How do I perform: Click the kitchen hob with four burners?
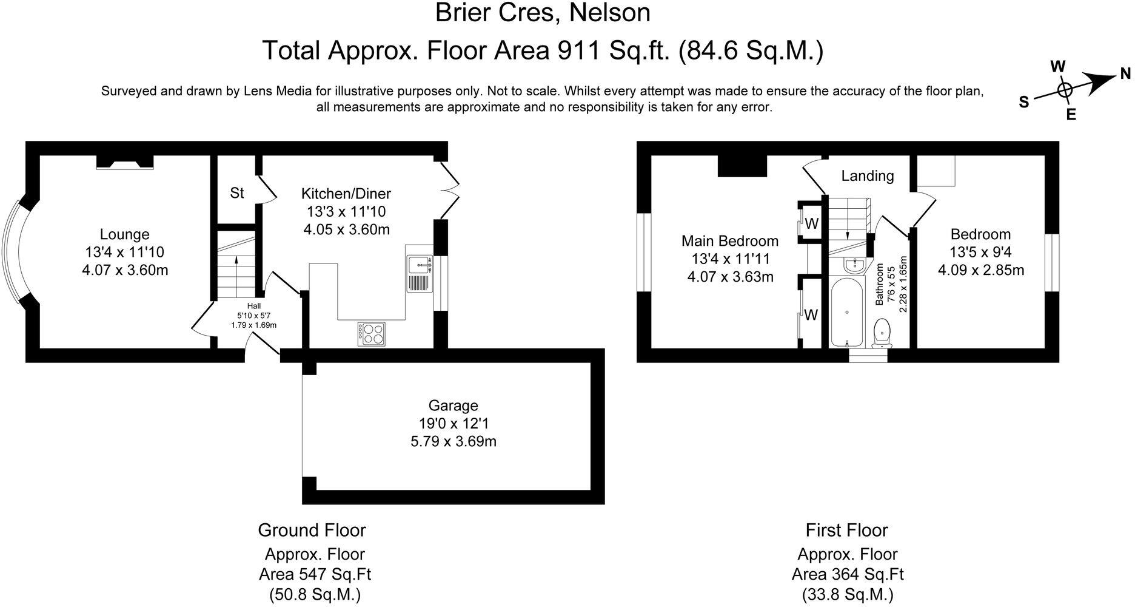[x=372, y=334]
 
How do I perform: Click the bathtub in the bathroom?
[x=847, y=313]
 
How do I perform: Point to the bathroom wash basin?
[x=855, y=265]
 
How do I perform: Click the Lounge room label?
[x=124, y=234]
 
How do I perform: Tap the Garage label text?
[x=453, y=405]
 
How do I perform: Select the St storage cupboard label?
[x=236, y=193]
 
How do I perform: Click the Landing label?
[x=867, y=176]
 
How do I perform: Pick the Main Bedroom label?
[x=730, y=240]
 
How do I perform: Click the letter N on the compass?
[x=1125, y=74]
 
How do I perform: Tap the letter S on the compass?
[x=1024, y=103]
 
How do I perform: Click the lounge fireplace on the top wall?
[x=125, y=161]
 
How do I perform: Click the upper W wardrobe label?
[x=812, y=224]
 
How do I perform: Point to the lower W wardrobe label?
[x=811, y=315]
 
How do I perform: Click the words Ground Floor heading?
[x=312, y=530]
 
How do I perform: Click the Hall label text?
[x=253, y=306]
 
